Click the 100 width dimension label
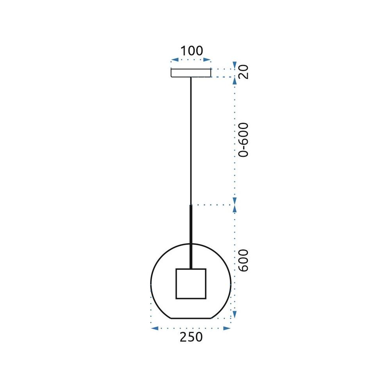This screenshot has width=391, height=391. [x=191, y=51]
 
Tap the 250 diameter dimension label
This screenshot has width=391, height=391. [x=191, y=337]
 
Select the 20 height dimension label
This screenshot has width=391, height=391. [x=244, y=72]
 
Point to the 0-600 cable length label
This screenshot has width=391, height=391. [x=244, y=140]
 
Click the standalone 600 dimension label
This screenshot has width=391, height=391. [x=244, y=260]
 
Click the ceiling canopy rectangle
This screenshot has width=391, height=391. [x=191, y=73]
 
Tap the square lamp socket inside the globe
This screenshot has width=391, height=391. [x=191, y=284]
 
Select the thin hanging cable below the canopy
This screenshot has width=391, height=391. [x=191, y=141]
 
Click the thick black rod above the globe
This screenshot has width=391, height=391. [x=191, y=237]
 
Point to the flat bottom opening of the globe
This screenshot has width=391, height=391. [x=191, y=318]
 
